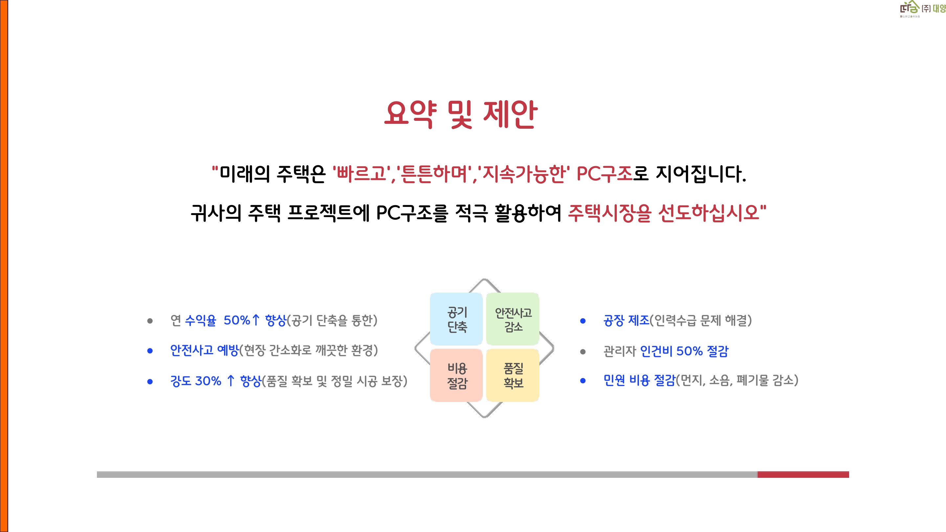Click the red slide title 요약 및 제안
click(x=461, y=115)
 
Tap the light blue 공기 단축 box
click(x=457, y=319)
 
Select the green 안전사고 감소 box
click(x=513, y=319)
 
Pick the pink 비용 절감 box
click(x=457, y=375)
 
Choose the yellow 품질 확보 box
click(x=513, y=375)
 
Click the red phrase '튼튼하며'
click(x=434, y=174)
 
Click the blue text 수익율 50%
click(x=217, y=320)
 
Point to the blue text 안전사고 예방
click(x=205, y=350)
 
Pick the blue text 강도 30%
click(x=196, y=381)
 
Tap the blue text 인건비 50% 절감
click(x=684, y=351)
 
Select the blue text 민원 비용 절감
click(x=639, y=380)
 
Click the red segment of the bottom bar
click(x=803, y=474)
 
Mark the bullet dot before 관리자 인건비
click(x=583, y=352)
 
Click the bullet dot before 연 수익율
click(x=150, y=321)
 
